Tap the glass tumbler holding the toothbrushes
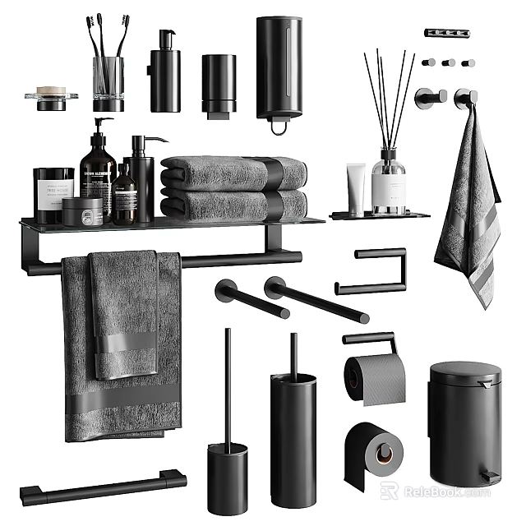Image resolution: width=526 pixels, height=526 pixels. [108, 82]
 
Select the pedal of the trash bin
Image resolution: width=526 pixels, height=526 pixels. [487, 475]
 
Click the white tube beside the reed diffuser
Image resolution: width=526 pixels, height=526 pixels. [356, 188]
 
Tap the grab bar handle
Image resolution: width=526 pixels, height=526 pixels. [103, 487]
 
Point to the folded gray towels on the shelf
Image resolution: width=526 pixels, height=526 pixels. [233, 188]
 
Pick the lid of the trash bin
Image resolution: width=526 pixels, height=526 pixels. [465, 375]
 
